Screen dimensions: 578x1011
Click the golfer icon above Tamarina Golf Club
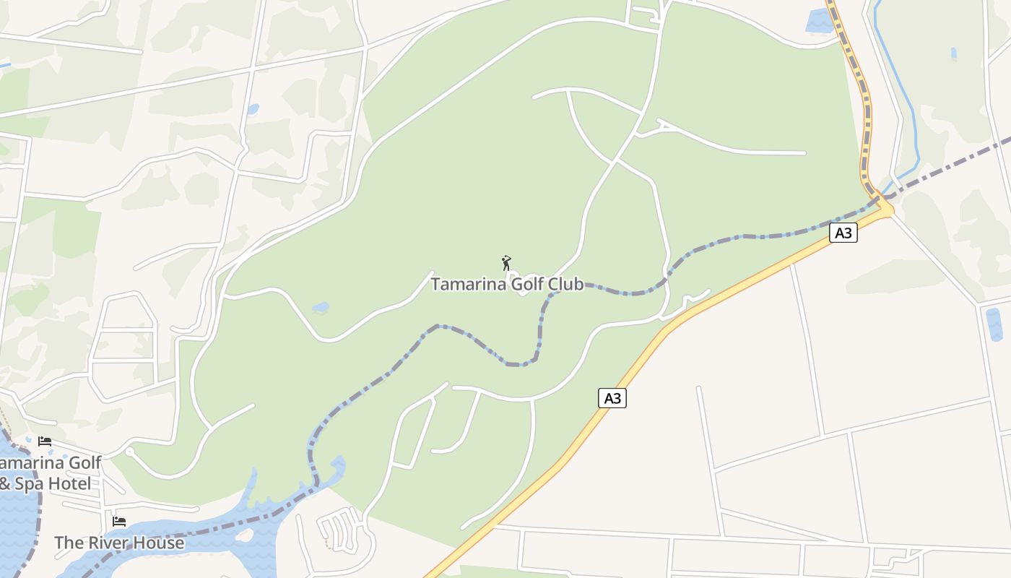pos(506,262)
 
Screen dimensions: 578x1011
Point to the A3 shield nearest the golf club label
pos(612,398)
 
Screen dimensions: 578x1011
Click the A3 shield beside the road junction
pos(843,233)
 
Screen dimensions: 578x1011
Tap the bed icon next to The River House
pos(119,521)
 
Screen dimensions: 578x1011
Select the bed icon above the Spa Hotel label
pos(45,441)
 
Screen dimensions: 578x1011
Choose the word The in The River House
pos(69,543)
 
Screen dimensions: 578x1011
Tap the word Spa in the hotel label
pos(30,483)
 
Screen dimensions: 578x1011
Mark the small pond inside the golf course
pos(320,308)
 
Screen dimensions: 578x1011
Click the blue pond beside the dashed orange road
pos(819,20)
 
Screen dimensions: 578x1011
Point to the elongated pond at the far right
pos(994,324)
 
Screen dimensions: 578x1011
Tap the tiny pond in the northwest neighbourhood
pos(252,110)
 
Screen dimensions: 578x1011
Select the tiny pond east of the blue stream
pos(953,53)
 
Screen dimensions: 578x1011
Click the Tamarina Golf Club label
pos(507,284)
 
